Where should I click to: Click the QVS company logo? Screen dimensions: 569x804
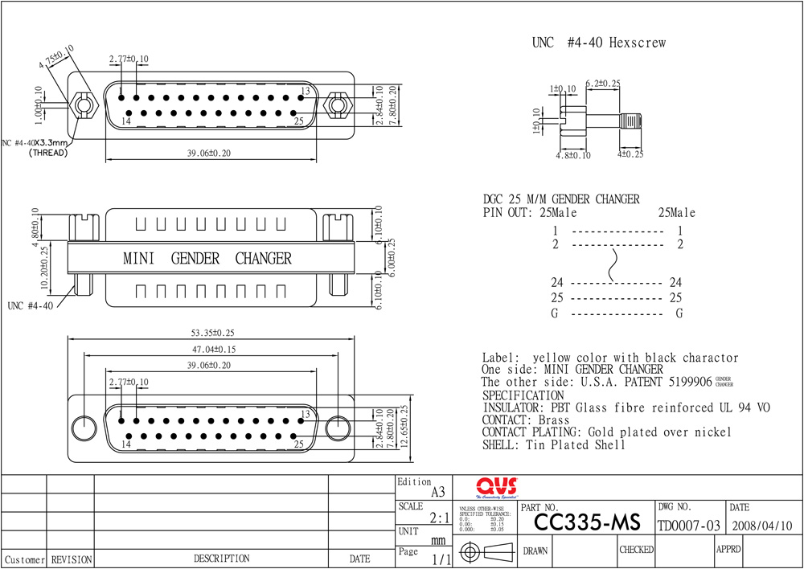(x=496, y=487)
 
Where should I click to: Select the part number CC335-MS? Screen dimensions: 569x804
(x=587, y=523)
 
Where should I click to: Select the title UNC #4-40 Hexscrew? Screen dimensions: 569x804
(x=598, y=43)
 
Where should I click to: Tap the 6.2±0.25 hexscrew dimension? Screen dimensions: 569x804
(x=602, y=84)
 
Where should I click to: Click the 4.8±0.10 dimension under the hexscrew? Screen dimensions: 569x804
(x=573, y=155)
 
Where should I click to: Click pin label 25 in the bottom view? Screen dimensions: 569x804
(x=298, y=443)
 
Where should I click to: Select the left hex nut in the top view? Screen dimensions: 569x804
(x=81, y=104)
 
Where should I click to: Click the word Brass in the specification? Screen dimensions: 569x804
(x=554, y=420)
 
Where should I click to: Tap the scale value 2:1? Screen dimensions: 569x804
(x=440, y=519)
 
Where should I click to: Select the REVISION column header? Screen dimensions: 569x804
(x=71, y=559)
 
